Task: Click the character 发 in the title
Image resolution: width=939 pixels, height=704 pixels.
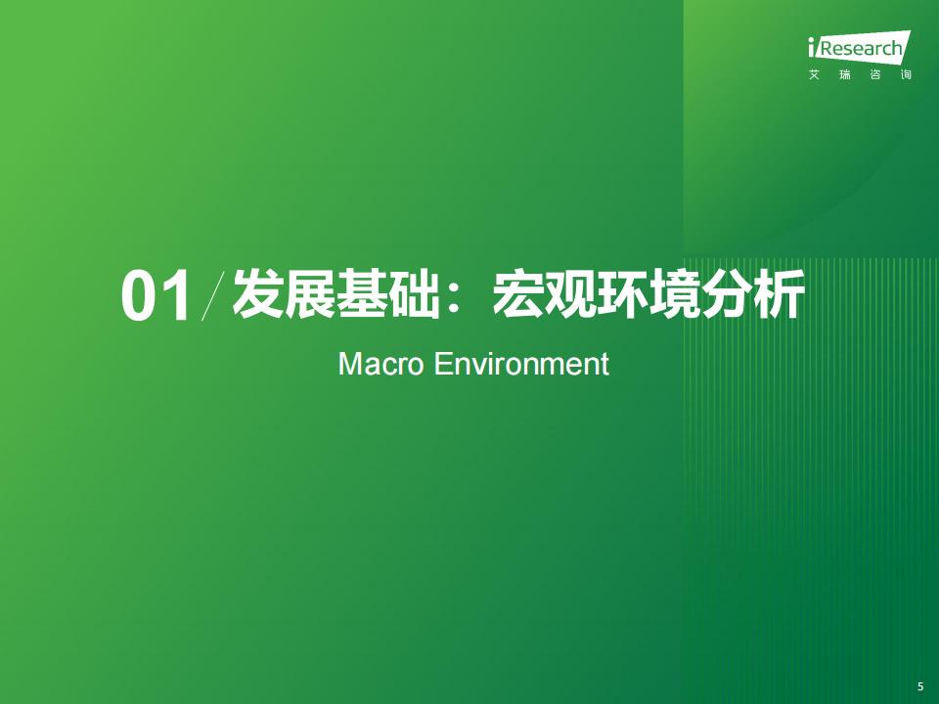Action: pyautogui.click(x=257, y=294)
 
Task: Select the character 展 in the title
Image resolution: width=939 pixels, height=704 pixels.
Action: pyautogui.click(x=310, y=294)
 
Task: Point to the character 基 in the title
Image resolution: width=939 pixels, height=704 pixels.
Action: pyautogui.click(x=362, y=294)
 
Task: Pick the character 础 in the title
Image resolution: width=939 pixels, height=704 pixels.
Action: pyautogui.click(x=414, y=294)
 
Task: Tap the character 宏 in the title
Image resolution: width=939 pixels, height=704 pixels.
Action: pyautogui.click(x=518, y=294)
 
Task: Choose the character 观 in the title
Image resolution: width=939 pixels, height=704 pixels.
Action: pyautogui.click(x=570, y=294)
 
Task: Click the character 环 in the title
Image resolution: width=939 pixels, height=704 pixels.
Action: pyautogui.click(x=622, y=294)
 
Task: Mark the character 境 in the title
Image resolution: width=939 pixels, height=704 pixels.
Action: pyautogui.click(x=674, y=294)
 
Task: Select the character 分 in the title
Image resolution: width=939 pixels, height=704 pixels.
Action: pyautogui.click(x=727, y=294)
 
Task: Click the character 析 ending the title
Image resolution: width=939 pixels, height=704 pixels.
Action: pyautogui.click(x=779, y=294)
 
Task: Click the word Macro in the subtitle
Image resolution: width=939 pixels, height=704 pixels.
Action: pyautogui.click(x=381, y=364)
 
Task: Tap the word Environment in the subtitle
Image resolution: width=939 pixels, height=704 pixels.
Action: pyautogui.click(x=521, y=364)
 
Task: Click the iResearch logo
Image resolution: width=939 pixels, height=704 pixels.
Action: pyautogui.click(x=860, y=47)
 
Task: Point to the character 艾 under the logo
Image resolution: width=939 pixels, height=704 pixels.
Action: pyautogui.click(x=814, y=75)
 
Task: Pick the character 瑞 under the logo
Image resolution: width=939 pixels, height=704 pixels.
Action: pyautogui.click(x=844, y=75)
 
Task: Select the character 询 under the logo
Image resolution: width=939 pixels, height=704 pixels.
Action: pyautogui.click(x=906, y=75)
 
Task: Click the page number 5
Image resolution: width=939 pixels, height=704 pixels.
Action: pyautogui.click(x=920, y=686)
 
